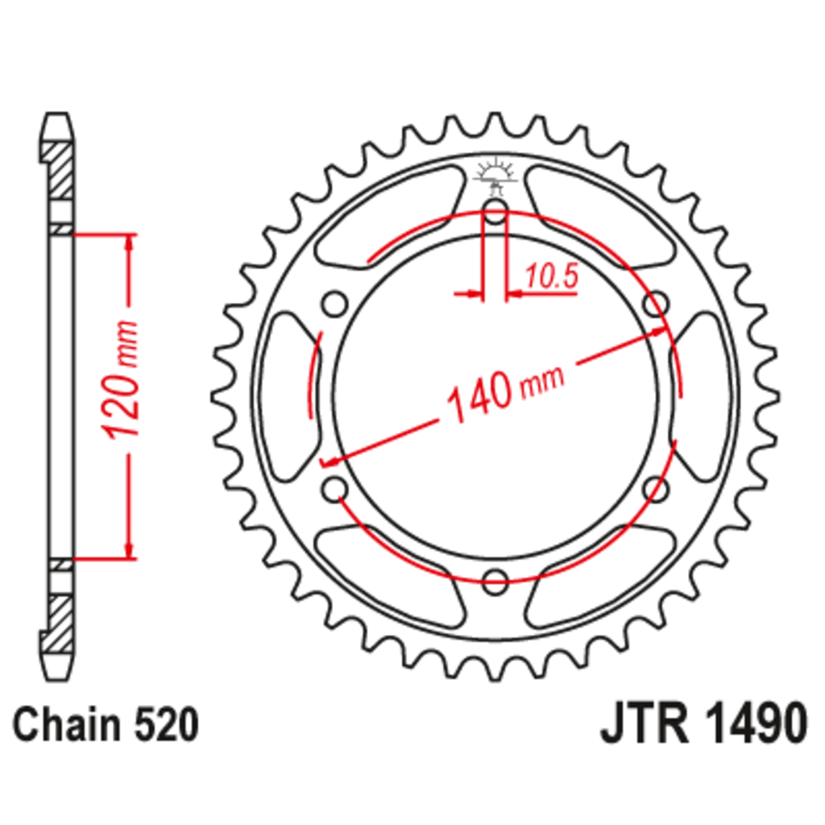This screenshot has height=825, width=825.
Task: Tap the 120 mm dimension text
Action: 122,379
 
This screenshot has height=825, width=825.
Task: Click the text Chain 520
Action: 106,724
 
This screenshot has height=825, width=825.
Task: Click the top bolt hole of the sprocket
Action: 495,212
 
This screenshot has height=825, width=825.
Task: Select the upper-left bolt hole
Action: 335,304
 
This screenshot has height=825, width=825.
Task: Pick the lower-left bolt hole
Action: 335,489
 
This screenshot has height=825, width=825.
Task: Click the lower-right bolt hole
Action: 656,489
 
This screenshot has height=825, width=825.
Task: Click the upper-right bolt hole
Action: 656,304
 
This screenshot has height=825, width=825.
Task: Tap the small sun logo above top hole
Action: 495,175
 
